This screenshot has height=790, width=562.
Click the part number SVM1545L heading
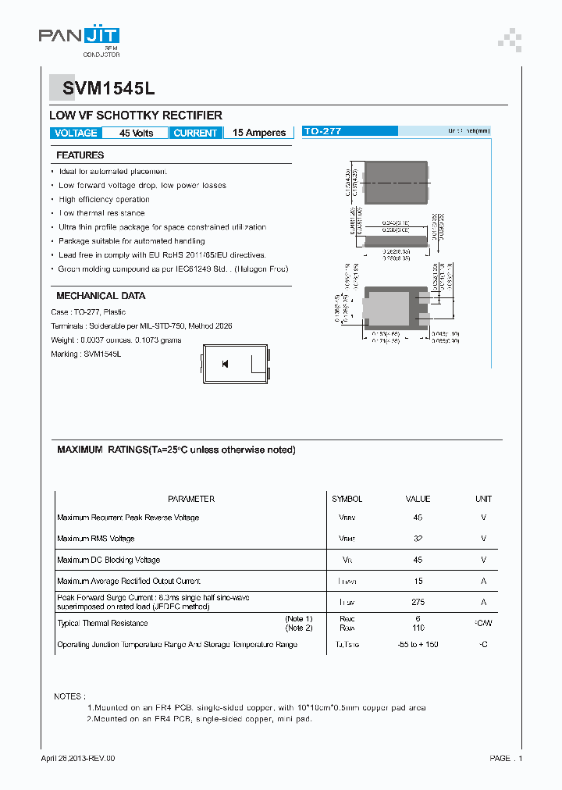(x=98, y=90)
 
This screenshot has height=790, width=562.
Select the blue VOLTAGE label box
(x=76, y=133)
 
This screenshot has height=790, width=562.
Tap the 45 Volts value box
(x=136, y=133)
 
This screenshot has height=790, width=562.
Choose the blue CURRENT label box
(x=195, y=133)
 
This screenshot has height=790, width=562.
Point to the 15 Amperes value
(x=259, y=133)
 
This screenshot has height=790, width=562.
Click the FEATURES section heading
(x=80, y=155)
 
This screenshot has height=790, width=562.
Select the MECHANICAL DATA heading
(x=101, y=296)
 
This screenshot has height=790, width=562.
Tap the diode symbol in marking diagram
(x=225, y=364)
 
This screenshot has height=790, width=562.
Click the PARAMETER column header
(x=191, y=499)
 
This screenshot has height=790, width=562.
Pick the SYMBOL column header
(x=347, y=499)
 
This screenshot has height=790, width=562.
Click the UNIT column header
(x=483, y=499)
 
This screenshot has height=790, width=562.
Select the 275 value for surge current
(x=418, y=602)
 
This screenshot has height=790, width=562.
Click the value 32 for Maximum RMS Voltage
(x=418, y=539)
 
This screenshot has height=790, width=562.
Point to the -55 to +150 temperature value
(x=418, y=645)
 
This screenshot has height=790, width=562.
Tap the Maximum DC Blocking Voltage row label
(x=108, y=560)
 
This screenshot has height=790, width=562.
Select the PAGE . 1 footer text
(x=506, y=758)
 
